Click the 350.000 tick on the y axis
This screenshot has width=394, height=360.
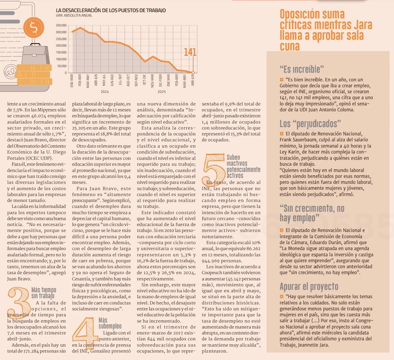click(61, 25)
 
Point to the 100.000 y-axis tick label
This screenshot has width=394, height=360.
click(61, 59)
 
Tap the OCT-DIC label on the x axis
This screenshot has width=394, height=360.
click(145, 80)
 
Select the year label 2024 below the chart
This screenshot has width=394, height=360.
click(105, 92)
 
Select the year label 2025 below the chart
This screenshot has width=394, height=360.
click(162, 92)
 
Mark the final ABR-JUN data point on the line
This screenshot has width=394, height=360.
click(193, 72)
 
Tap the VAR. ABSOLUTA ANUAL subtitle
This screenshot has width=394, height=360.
click(74, 15)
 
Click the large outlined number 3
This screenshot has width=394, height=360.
click(18, 301)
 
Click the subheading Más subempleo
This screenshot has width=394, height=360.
click(110, 323)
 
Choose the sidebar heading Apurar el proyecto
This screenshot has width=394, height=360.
click(309, 286)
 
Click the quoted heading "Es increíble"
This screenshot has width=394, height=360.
click(302, 69)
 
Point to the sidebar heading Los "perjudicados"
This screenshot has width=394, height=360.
click(310, 123)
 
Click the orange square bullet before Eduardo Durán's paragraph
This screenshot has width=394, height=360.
click(282, 230)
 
